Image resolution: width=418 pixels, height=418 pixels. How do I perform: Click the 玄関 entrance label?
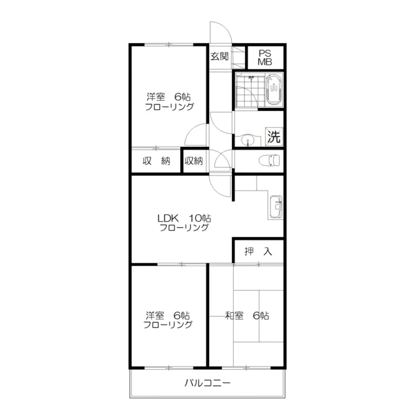pyautogui.click(x=219, y=57)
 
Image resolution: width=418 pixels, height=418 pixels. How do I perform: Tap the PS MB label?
pyautogui.click(x=265, y=57)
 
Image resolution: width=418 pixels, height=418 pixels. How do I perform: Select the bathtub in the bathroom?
pyautogui.click(x=274, y=90)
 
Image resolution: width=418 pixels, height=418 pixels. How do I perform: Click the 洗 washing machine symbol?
pyautogui.click(x=274, y=137)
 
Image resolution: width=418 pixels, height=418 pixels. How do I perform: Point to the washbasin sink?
pyautogui.click(x=248, y=140)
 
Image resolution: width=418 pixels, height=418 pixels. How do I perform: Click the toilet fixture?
pyautogui.click(x=269, y=161)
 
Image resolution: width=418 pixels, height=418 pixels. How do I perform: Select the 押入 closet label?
pyautogui.click(x=258, y=251)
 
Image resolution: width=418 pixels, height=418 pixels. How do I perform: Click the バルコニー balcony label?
pyautogui.click(x=208, y=383)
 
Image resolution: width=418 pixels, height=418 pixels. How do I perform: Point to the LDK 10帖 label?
pyautogui.click(x=184, y=218)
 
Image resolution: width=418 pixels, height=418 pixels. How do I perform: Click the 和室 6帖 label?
pyautogui.click(x=247, y=315)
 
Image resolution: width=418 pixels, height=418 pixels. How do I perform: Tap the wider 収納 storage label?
pyautogui.click(x=156, y=161)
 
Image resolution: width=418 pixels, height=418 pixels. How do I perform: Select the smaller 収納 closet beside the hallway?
pyautogui.click(x=194, y=161)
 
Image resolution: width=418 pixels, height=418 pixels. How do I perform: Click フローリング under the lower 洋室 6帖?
pyautogui.click(x=168, y=325)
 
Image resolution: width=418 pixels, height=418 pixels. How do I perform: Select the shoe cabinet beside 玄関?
pyautogui.click(x=238, y=58)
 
